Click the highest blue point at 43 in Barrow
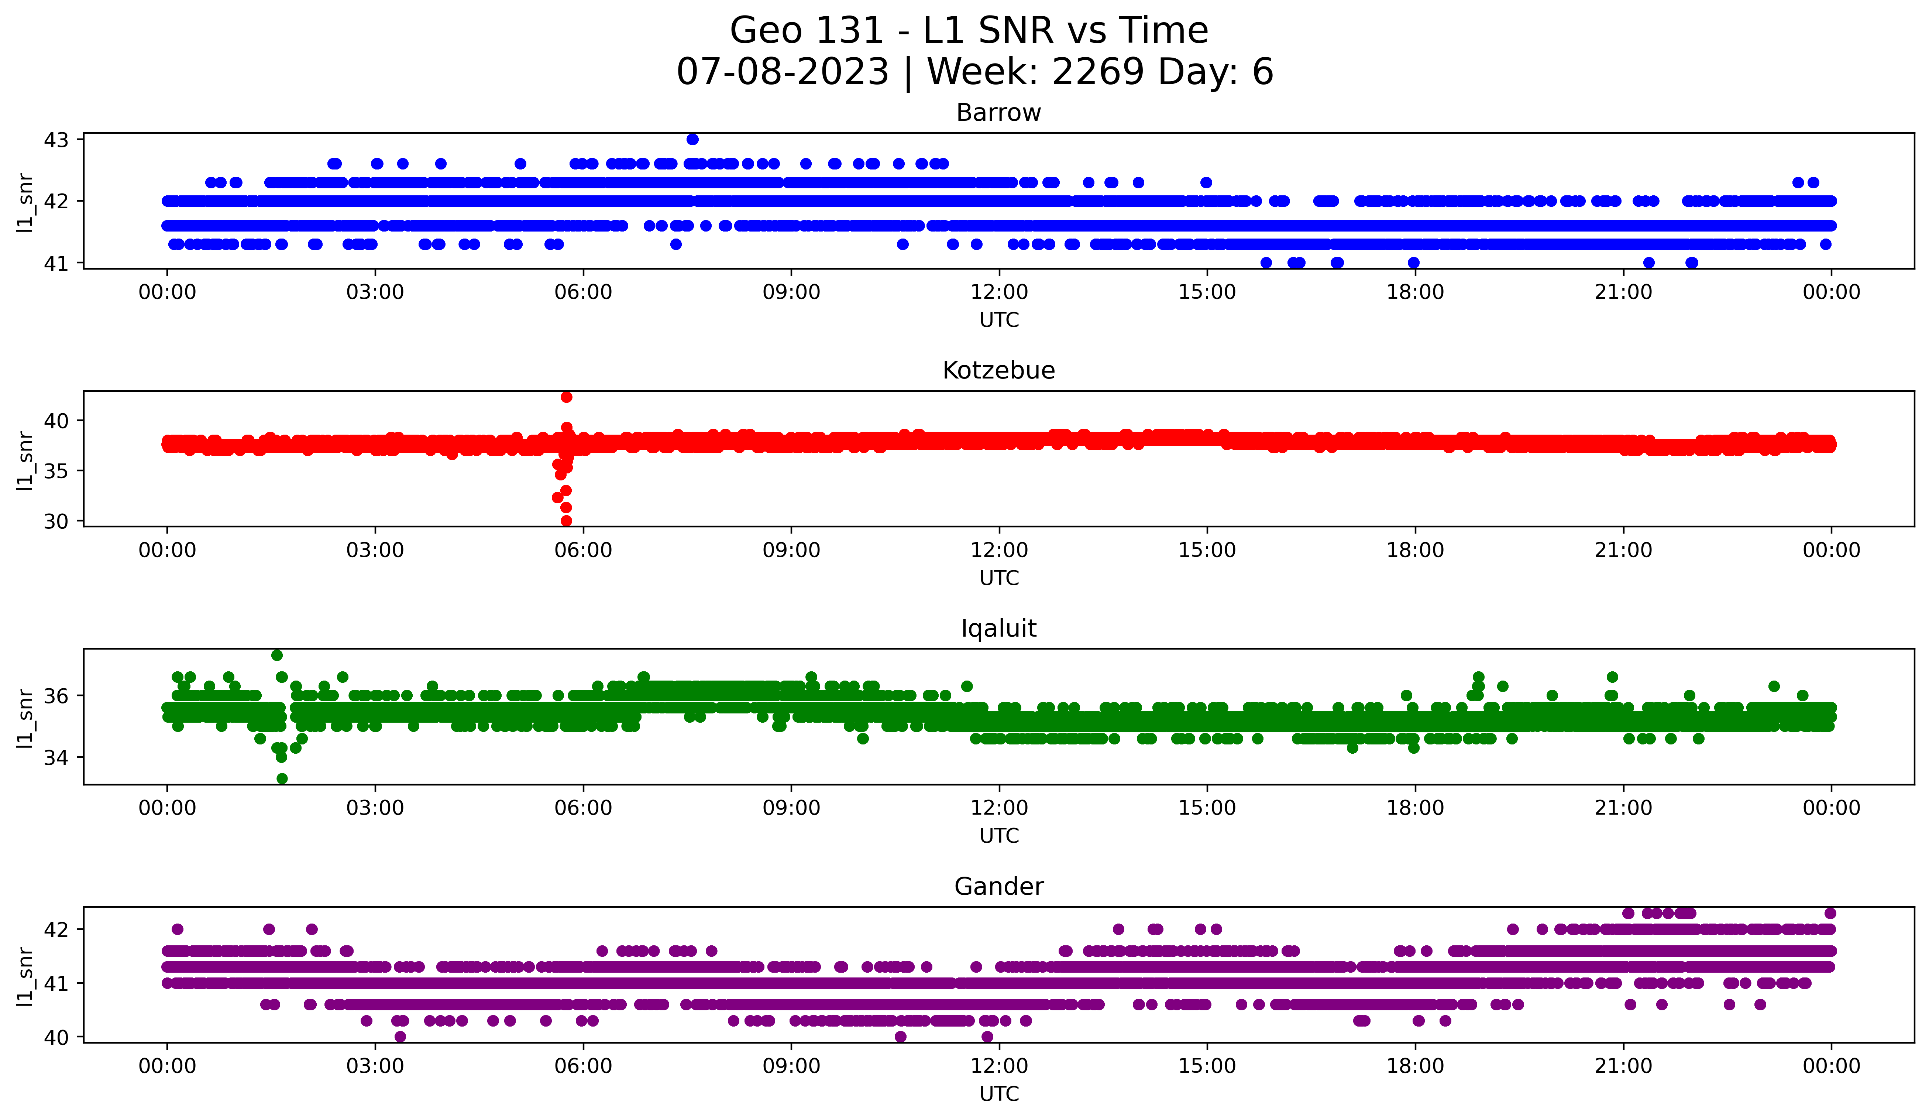[x=692, y=139]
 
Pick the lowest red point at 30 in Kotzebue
[x=567, y=521]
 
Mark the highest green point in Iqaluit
[x=277, y=655]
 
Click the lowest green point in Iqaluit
[x=282, y=778]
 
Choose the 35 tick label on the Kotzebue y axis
[x=56, y=471]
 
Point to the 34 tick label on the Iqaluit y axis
[x=56, y=758]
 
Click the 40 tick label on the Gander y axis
[x=56, y=1037]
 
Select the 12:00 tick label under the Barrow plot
[x=999, y=292]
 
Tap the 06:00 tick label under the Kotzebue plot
[x=583, y=551]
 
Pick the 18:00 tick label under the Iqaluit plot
[x=1414, y=808]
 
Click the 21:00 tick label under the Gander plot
[x=1623, y=1066]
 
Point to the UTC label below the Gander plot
[x=999, y=1094]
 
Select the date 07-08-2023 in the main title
[x=782, y=72]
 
